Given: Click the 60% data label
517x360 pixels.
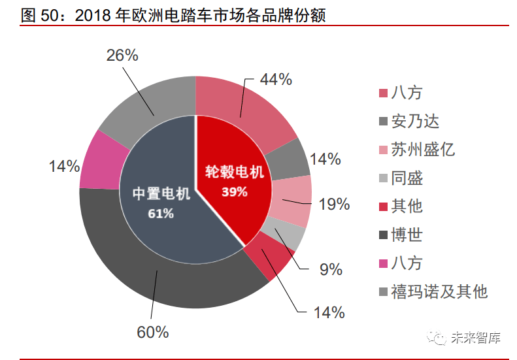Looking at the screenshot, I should [x=153, y=332].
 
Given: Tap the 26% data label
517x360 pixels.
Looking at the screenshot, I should [x=122, y=56].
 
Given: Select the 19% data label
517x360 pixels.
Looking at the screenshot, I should [x=334, y=205].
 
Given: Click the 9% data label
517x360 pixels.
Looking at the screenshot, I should [x=331, y=269].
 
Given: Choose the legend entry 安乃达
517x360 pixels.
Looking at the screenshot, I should [x=415, y=122].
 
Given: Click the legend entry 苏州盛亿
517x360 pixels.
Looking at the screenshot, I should [x=423, y=150].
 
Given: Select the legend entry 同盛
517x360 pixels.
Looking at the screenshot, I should [x=407, y=178].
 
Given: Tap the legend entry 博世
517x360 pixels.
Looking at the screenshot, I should [x=407, y=235].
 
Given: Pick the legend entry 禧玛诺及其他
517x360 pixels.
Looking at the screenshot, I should [x=439, y=291].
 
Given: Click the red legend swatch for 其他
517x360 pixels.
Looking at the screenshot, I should [x=384, y=207].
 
